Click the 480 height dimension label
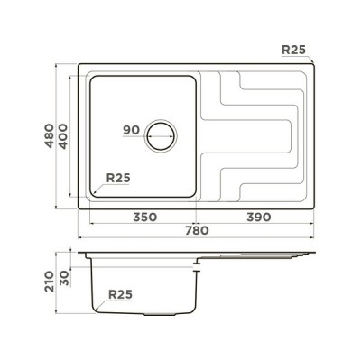(49, 135)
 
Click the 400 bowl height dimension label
(63, 136)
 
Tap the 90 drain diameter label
(132, 130)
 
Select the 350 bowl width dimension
(145, 217)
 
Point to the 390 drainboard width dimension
(259, 217)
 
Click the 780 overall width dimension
(197, 231)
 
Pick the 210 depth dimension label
(49, 282)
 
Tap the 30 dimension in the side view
(63, 278)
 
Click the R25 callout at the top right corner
(293, 50)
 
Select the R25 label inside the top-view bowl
(118, 178)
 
